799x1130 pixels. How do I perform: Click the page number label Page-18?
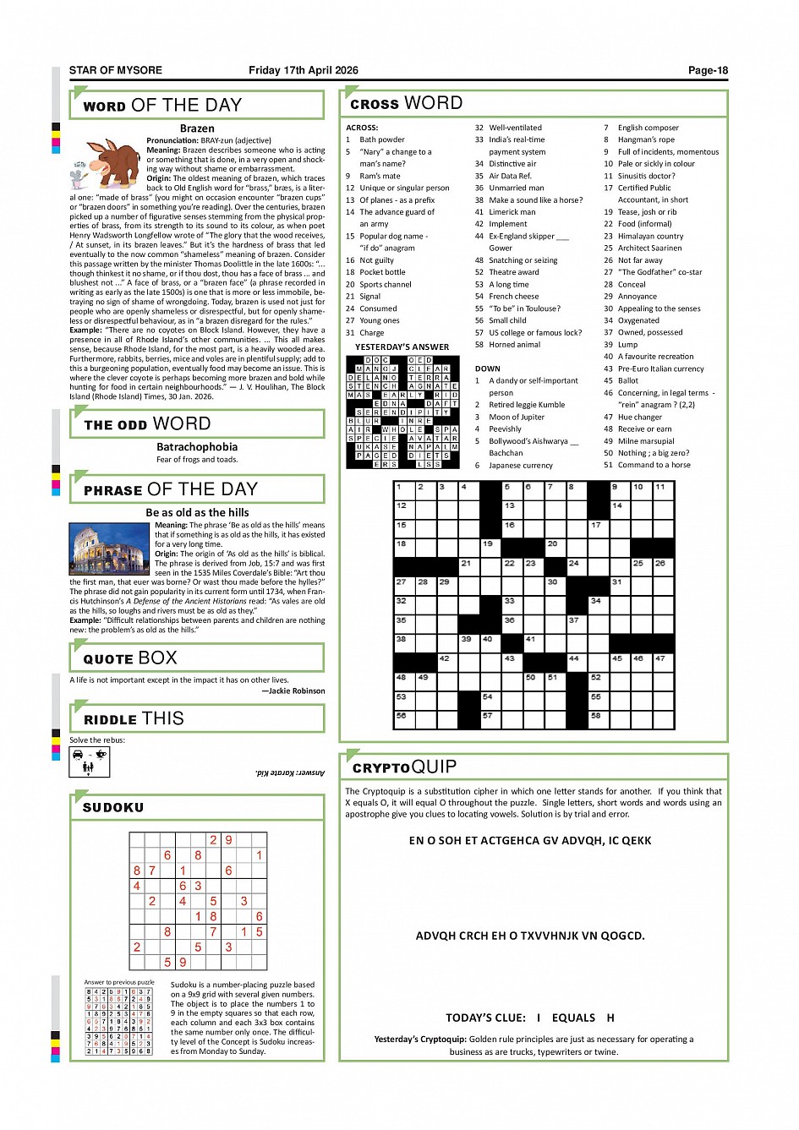[707, 71]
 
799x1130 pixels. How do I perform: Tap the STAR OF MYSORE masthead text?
[115, 71]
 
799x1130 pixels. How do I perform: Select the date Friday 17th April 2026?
[303, 71]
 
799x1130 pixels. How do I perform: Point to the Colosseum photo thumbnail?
[110, 549]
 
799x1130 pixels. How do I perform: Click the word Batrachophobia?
[197, 447]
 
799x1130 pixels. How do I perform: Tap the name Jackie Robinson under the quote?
[296, 691]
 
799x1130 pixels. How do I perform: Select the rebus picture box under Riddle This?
[90, 762]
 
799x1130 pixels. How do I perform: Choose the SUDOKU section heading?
[113, 808]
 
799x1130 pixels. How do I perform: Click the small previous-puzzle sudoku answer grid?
[119, 1021]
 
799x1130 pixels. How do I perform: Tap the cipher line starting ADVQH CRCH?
[530, 936]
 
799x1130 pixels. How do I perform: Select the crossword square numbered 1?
[404, 490]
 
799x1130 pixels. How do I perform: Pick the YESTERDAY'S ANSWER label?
[402, 347]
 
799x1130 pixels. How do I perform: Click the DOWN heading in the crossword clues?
[487, 369]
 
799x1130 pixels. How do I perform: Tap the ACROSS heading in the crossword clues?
[362, 128]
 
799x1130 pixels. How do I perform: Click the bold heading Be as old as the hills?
[197, 512]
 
